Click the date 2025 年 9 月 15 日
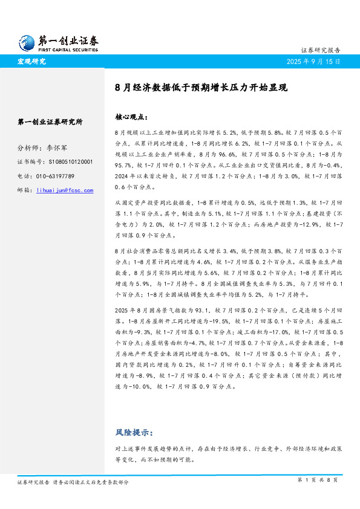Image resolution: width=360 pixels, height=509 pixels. [x=312, y=62]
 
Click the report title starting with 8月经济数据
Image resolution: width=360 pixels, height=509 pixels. [x=201, y=87]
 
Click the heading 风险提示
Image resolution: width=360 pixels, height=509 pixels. [x=134, y=433]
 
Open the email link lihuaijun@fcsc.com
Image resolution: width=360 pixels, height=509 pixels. [x=65, y=190]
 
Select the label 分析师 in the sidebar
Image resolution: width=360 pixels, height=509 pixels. [x=27, y=148]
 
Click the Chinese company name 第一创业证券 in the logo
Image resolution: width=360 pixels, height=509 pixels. [x=68, y=41]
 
